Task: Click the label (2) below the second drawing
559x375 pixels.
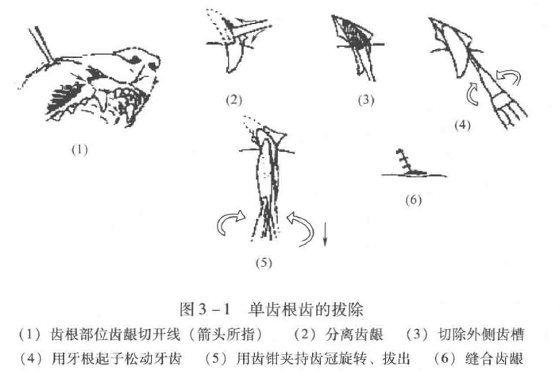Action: click(x=233, y=100)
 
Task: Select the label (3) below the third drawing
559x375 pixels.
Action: click(x=365, y=100)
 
